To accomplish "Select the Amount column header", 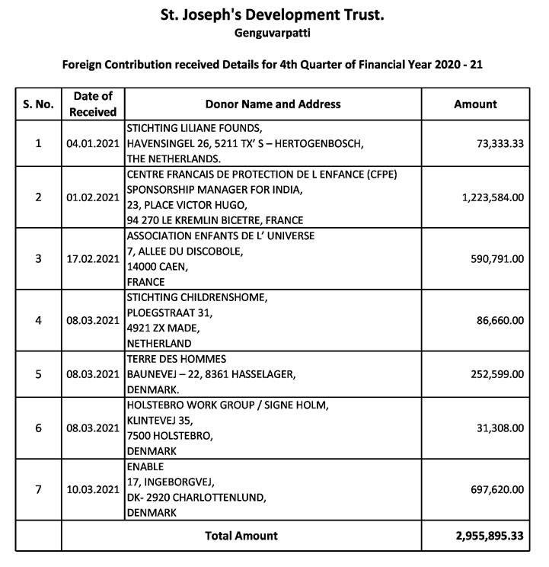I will (x=475, y=104).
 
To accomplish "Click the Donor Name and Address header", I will (x=273, y=104).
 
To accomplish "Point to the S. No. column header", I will (x=38, y=104).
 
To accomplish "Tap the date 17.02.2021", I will (x=93, y=258).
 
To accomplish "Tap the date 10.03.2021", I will (x=93, y=489).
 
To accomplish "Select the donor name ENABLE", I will (x=145, y=466).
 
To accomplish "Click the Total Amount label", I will (x=241, y=536).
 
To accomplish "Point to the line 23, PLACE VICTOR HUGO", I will (x=187, y=204).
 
